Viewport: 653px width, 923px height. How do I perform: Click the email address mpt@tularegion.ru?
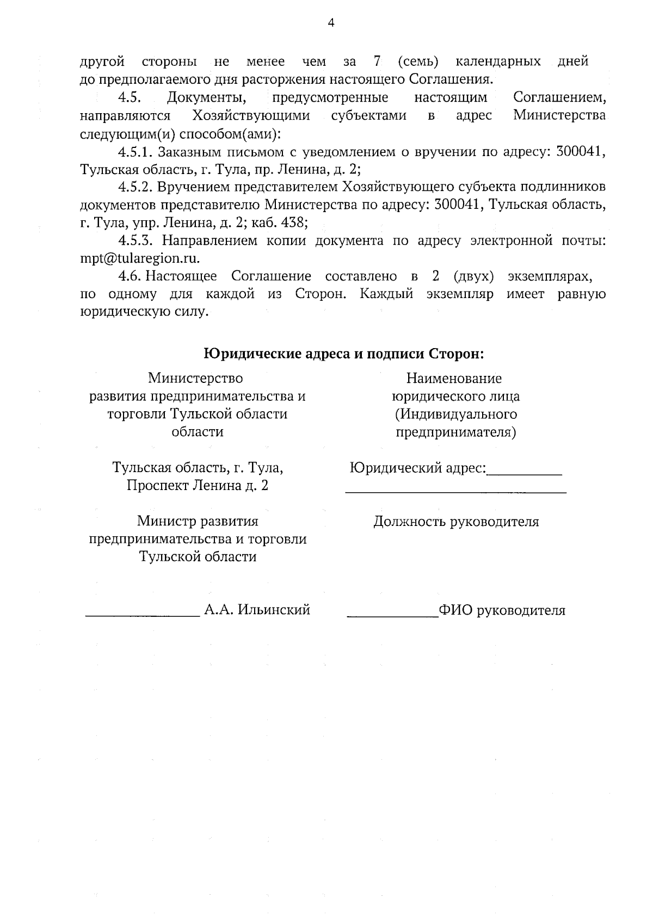coord(140,259)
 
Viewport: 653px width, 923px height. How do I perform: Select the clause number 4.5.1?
coord(135,152)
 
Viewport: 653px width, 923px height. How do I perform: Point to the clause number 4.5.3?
coord(136,241)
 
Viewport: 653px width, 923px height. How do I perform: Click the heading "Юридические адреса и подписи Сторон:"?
coord(344,354)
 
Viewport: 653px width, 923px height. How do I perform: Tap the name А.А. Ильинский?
coord(257,610)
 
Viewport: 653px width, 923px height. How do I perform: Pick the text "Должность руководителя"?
coord(456,522)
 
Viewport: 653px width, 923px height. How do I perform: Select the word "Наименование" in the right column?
coord(454,379)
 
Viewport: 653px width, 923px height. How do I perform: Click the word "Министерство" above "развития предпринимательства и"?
coord(196,378)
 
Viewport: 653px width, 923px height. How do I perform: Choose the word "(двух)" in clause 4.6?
coord(473,276)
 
